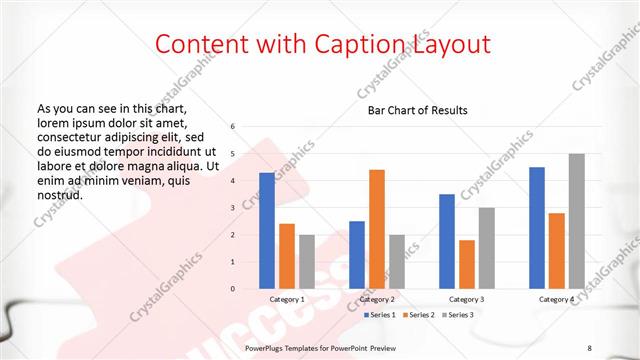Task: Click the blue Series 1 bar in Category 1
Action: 267,231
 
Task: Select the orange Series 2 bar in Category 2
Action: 376,229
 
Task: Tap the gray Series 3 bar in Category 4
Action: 576,221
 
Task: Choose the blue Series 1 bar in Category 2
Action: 357,255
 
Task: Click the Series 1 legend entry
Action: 381,315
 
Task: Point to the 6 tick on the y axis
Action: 232,127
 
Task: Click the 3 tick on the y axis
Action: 232,208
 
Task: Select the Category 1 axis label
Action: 287,299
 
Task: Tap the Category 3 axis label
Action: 466,299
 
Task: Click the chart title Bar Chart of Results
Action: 412,110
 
